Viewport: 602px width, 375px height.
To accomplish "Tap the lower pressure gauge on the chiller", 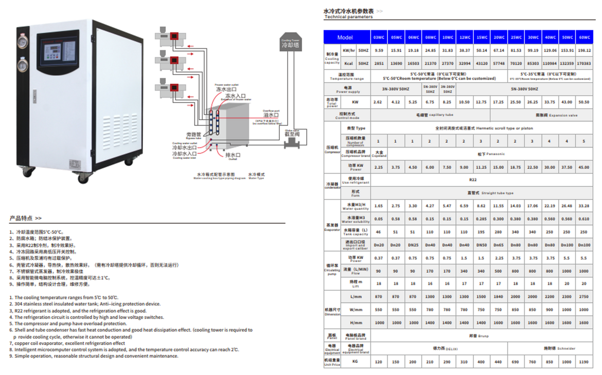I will [23, 65].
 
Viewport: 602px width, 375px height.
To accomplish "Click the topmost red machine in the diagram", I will [175, 36].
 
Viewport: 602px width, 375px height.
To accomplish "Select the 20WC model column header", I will [499, 38].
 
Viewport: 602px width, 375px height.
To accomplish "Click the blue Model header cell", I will [346, 38].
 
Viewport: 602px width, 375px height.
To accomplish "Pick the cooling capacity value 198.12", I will [584, 51].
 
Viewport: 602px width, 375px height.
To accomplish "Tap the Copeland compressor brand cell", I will [379, 154].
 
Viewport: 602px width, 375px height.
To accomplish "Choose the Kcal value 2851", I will [379, 64].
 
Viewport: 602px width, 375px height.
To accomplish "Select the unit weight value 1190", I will [584, 362].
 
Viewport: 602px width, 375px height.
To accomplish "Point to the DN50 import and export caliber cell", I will [481, 246].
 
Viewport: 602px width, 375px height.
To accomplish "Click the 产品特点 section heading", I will [25, 218].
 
